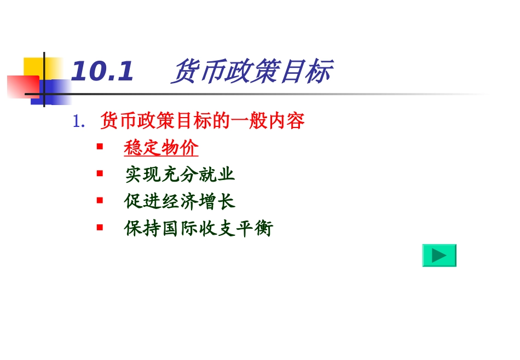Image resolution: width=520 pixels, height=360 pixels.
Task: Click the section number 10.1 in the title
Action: coord(102,72)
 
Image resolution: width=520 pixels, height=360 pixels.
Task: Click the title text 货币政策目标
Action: coord(251,72)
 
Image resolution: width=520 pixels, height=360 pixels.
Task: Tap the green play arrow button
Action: coord(439,256)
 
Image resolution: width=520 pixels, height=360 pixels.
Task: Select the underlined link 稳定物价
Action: coord(161,148)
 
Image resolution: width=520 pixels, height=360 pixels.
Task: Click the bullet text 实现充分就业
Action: coord(180,175)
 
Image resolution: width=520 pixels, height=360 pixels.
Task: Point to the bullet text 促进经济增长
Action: coord(180,201)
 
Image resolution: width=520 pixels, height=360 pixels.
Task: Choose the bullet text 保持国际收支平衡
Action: coord(198,228)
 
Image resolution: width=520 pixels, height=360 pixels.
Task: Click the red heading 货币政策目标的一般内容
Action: coord(203,121)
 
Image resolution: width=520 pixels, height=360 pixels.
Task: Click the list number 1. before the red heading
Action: coord(79,121)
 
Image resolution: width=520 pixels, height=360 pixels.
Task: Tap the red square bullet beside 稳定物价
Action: coord(100,147)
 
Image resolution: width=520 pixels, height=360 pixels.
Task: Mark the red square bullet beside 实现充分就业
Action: coord(100,173)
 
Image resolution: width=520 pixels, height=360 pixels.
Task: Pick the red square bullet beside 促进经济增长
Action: coord(100,200)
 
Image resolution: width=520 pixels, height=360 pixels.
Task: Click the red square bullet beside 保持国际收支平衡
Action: coord(100,227)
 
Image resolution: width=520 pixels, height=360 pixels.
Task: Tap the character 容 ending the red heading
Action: coord(296,121)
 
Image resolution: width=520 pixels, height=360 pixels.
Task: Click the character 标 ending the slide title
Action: coord(317,72)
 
